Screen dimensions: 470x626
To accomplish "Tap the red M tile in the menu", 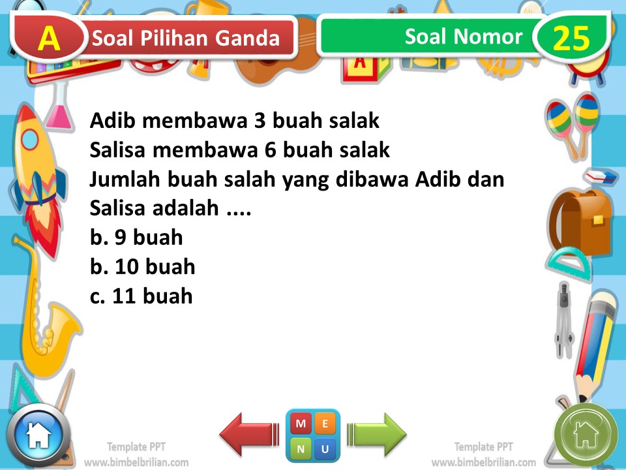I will (301, 424).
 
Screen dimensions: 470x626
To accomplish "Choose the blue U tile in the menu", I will (325, 448).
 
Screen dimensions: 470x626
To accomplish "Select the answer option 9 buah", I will (137, 238).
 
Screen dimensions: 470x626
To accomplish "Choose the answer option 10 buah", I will (143, 267).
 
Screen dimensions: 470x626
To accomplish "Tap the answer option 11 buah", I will (142, 296).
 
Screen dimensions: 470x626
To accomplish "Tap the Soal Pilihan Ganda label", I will (186, 39).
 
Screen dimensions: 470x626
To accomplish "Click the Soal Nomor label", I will (463, 37).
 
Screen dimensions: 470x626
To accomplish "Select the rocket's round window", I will (30, 139).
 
